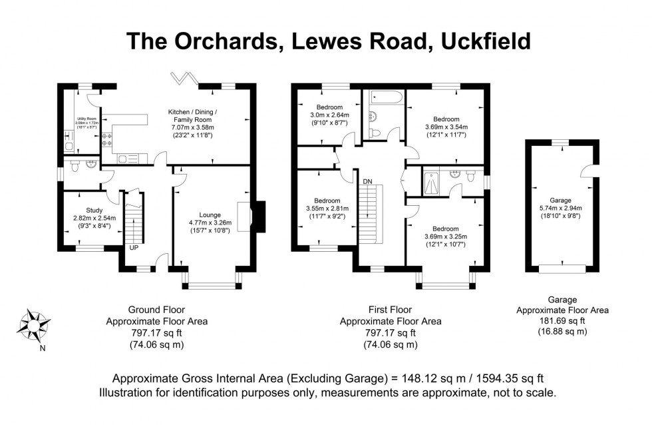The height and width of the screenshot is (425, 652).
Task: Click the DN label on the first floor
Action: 367,181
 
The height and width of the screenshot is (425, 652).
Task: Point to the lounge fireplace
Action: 249,215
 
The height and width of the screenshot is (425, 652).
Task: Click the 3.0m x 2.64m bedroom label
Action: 329,115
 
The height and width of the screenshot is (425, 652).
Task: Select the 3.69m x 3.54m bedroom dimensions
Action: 446,127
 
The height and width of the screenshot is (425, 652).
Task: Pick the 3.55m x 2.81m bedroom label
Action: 327,208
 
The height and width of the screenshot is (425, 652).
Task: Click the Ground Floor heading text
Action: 156,310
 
